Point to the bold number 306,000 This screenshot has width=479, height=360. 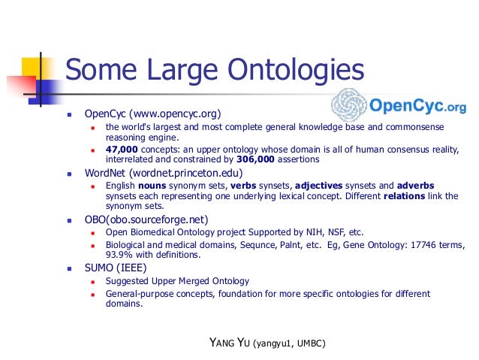pos(277,159)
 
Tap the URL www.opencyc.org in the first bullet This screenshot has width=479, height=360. pos(173,113)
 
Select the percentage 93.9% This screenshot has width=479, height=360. pos(119,255)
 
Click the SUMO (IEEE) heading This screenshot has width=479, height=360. pos(116,268)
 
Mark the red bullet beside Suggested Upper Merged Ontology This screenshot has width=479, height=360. pos(92,282)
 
